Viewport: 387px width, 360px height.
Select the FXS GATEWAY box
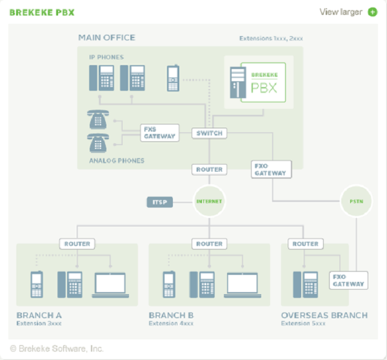159,133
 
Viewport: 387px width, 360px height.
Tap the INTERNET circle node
209,202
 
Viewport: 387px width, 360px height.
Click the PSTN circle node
356,202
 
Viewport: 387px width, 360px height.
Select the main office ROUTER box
209,170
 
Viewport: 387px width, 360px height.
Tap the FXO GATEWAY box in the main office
270,169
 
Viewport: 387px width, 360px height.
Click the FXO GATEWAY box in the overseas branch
348,280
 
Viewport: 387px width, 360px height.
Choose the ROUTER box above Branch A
77,244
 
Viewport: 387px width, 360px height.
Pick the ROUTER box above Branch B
209,244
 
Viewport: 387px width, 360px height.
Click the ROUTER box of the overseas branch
305,244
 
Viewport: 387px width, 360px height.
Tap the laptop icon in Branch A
110,285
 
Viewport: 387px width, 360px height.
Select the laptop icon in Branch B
242,285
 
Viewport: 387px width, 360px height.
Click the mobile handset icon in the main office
173,78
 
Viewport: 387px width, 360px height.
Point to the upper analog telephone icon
98,120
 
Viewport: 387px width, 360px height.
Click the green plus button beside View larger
373,12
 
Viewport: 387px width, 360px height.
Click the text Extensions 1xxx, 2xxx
271,39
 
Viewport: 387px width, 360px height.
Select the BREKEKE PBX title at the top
41,12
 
